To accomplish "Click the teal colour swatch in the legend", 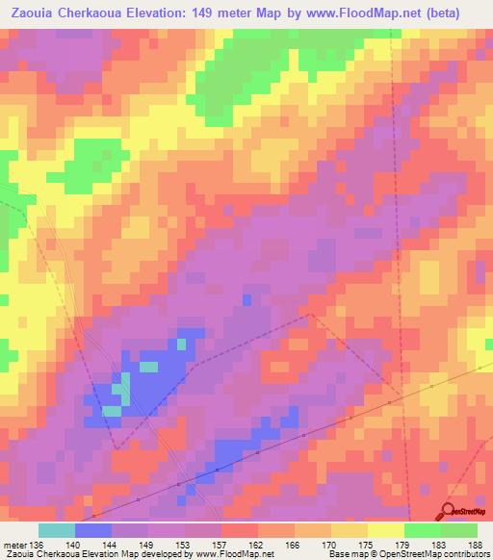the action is pos(56,530).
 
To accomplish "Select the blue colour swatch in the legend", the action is pos(92,530).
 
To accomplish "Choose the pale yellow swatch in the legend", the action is pos(385,530).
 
